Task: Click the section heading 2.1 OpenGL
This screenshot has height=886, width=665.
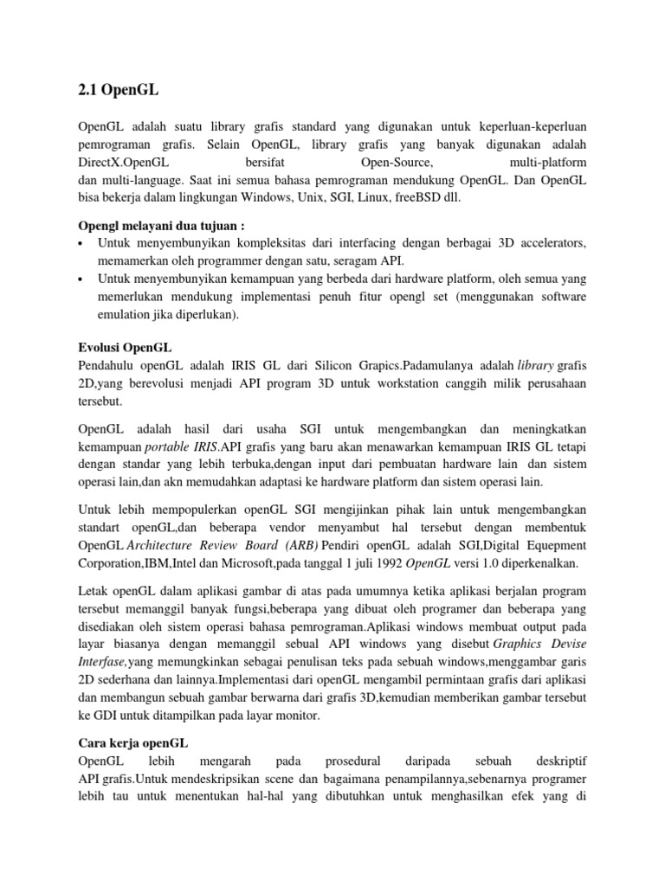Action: [114, 88]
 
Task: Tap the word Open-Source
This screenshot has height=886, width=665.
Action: [396, 162]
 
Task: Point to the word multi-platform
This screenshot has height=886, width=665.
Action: [548, 162]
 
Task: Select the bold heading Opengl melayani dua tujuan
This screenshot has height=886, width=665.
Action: [157, 226]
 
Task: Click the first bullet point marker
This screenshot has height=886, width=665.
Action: [81, 243]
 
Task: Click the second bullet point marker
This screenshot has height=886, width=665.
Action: [81, 279]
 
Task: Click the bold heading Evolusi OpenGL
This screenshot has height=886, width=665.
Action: [122, 347]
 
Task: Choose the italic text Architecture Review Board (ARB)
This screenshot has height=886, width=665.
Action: [224, 546]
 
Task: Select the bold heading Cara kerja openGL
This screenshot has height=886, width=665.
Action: [132, 743]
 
